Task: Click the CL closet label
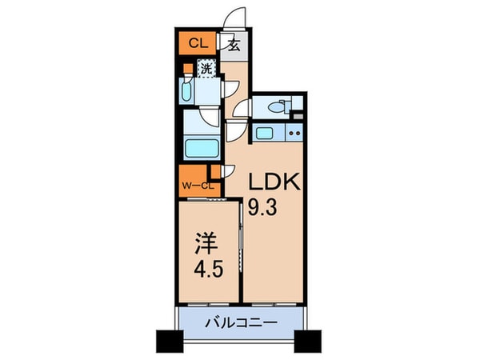pyautogui.click(x=194, y=44)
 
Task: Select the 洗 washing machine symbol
pyautogui.click(x=206, y=70)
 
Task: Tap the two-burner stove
pyautogui.click(x=294, y=131)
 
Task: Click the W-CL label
pyautogui.click(x=196, y=186)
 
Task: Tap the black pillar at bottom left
pyautogui.click(x=170, y=341)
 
